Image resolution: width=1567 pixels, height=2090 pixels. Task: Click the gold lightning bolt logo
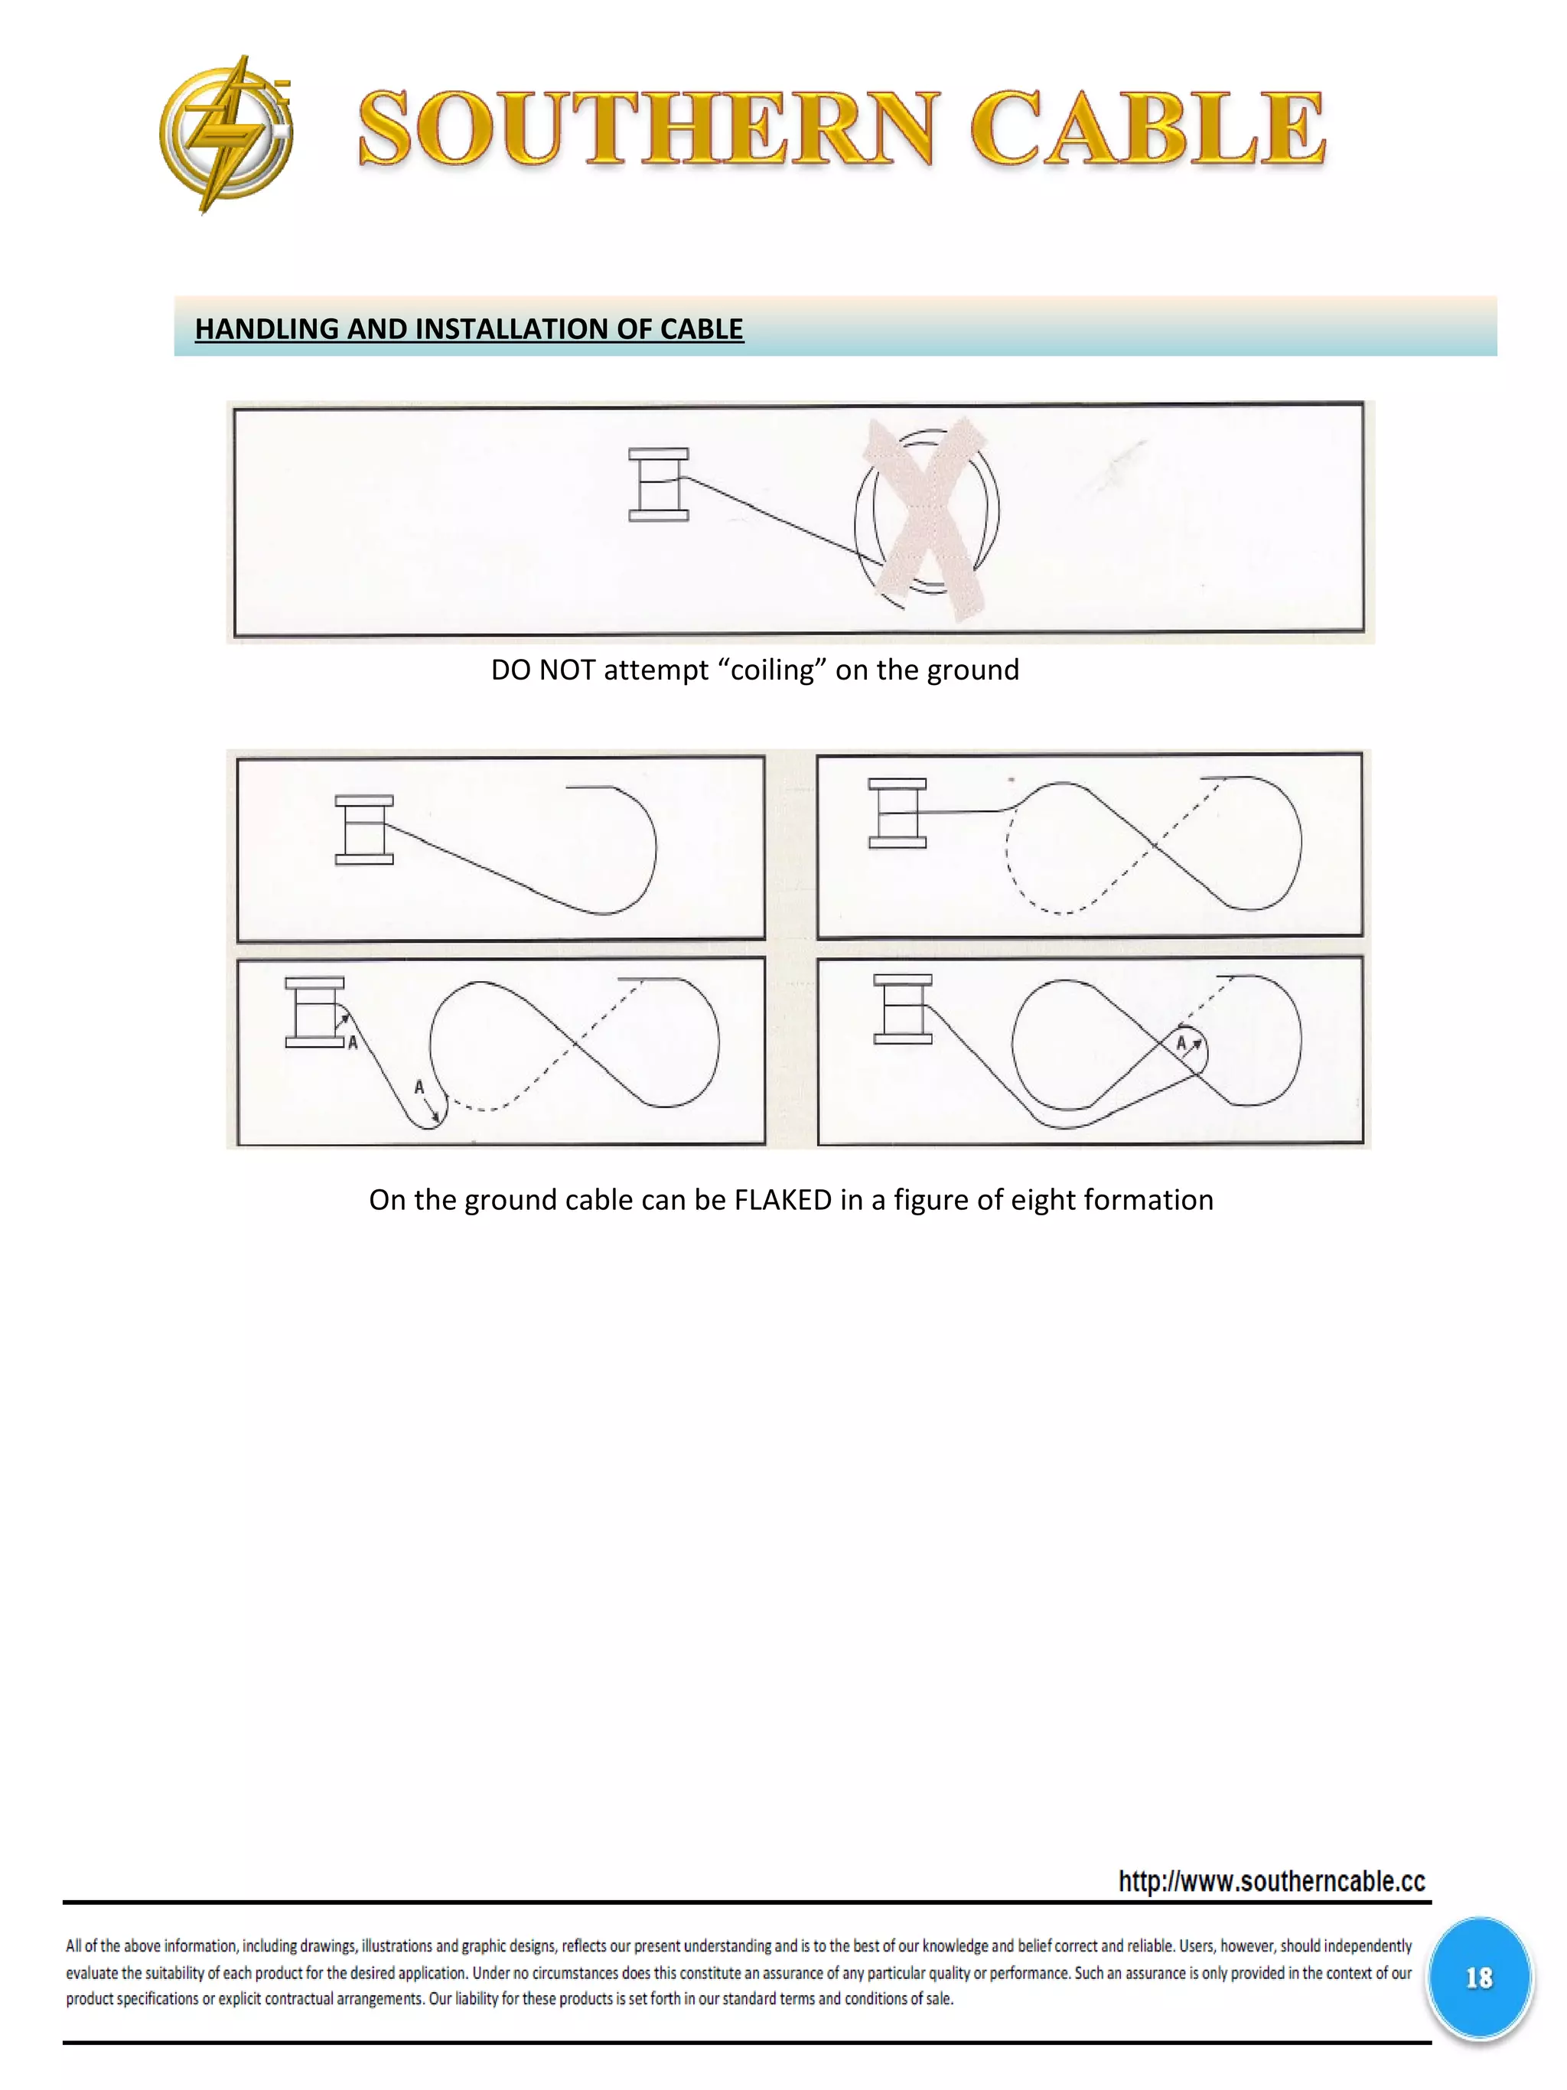click(x=225, y=133)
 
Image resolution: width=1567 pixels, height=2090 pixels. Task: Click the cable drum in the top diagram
click(x=658, y=484)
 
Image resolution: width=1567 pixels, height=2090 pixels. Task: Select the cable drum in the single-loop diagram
click(x=363, y=830)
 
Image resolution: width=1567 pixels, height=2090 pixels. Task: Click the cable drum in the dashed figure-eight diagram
click(x=898, y=813)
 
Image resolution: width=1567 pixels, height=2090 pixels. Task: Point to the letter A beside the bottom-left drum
click(x=352, y=1042)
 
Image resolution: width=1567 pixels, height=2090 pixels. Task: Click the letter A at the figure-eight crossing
click(x=1181, y=1043)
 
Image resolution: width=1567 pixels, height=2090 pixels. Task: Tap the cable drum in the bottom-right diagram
click(x=902, y=1009)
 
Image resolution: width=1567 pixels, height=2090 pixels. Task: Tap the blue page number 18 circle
click(x=1478, y=1978)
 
